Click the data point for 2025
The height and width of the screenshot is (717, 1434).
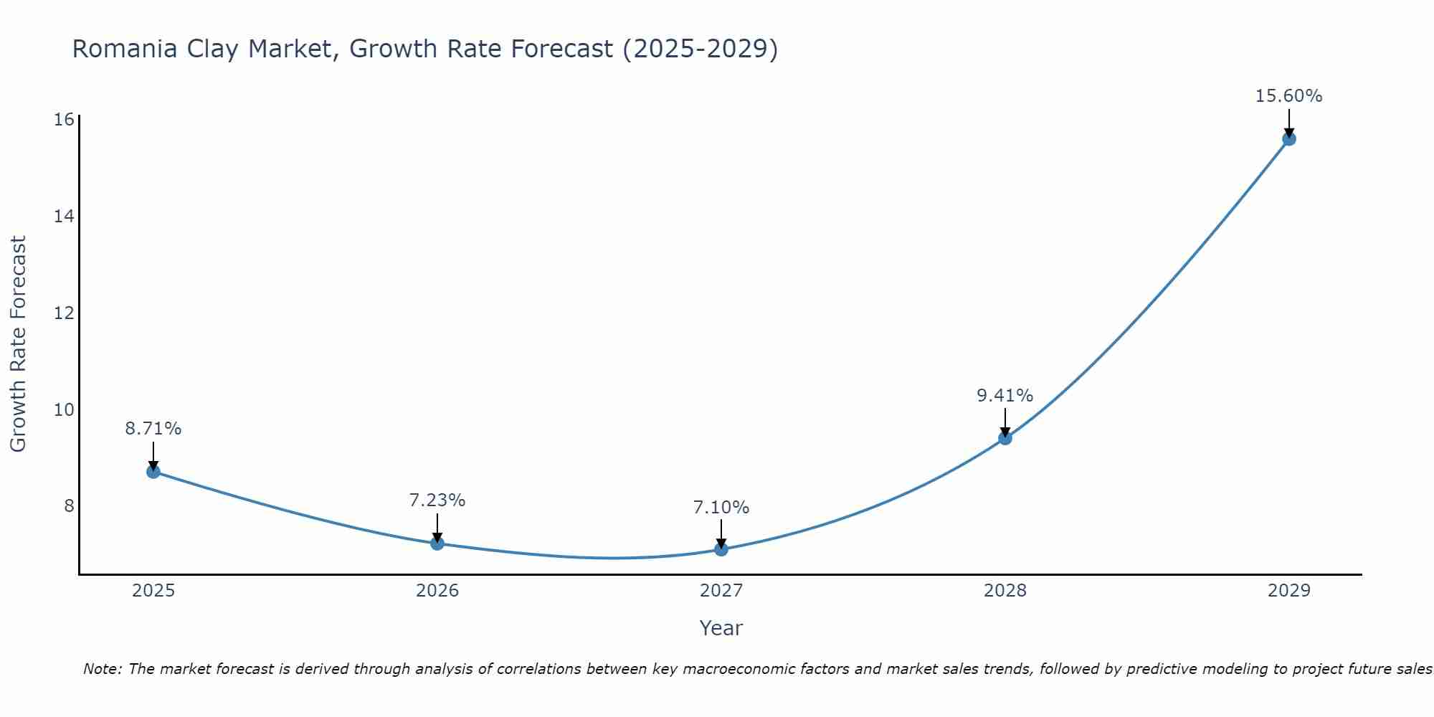point(153,472)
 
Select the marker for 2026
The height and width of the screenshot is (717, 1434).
point(437,543)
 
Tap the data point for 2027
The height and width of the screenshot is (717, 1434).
point(721,549)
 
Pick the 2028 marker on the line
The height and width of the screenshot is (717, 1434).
point(1005,438)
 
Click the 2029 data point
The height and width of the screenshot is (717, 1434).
point(1289,139)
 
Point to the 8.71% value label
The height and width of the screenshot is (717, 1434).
point(153,429)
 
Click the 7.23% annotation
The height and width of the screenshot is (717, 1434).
point(437,500)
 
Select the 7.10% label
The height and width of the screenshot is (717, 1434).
point(721,508)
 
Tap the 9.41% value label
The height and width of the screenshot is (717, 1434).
point(1005,396)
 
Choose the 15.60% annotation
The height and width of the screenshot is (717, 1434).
point(1289,96)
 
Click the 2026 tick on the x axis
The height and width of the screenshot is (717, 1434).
point(437,591)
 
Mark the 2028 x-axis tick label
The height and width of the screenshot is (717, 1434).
point(1005,591)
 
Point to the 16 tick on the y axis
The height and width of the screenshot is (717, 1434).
point(65,120)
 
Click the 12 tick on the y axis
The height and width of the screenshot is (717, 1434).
point(65,313)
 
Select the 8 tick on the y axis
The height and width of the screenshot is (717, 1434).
point(69,506)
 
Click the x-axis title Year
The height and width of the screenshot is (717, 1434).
point(721,628)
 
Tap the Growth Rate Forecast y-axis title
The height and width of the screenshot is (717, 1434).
point(19,344)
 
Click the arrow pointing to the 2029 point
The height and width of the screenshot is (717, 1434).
point(1289,122)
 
